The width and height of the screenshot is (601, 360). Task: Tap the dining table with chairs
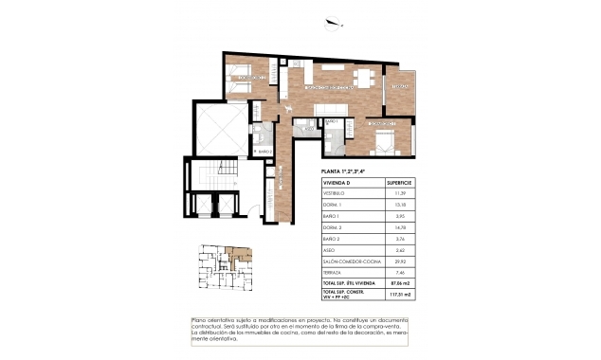[x=362, y=77]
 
